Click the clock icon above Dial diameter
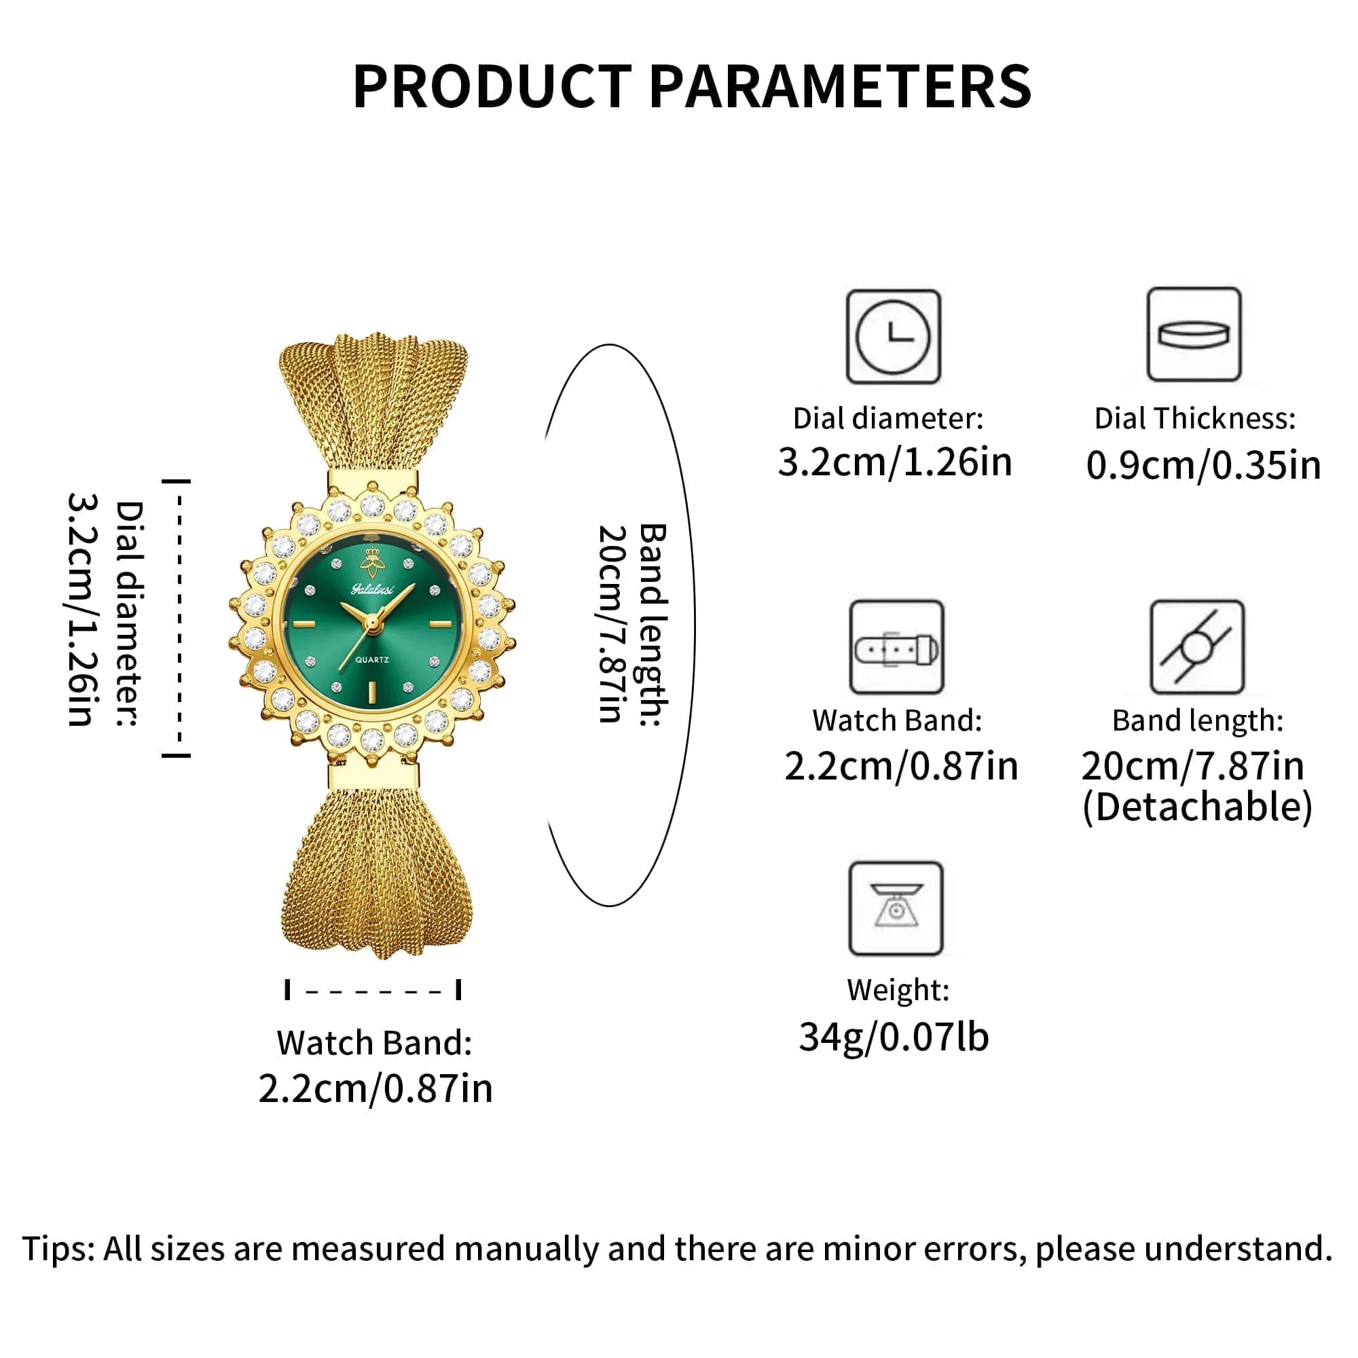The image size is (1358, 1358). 893,337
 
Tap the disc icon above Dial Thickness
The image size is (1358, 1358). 1194,334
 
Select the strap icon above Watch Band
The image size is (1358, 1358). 896,647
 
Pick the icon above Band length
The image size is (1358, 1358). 1196,647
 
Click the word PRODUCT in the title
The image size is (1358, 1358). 492,86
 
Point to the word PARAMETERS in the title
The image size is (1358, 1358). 839,86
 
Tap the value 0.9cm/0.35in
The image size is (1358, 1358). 1203,465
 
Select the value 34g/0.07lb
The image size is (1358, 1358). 894,1038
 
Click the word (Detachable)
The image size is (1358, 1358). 1197,807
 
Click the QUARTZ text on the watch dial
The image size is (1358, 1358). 372,660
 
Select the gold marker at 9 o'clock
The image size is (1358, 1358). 303,624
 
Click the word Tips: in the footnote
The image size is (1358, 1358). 59,1249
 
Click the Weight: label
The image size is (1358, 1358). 898,991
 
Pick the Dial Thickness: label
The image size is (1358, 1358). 1194,419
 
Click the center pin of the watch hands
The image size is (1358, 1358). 371,621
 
